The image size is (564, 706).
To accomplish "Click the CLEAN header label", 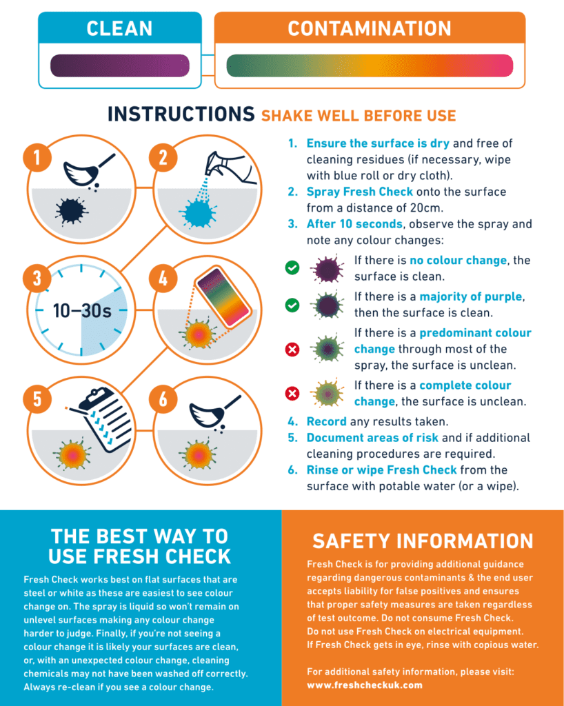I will [x=119, y=28].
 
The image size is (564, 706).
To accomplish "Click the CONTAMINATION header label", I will [x=369, y=28].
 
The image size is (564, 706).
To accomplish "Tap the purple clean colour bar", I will [x=119, y=65].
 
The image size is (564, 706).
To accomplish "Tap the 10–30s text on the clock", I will [x=82, y=310].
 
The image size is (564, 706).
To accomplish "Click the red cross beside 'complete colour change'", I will [x=292, y=394].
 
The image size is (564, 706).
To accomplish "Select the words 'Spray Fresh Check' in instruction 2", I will [x=359, y=192].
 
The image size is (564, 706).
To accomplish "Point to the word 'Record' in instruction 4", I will [x=326, y=421].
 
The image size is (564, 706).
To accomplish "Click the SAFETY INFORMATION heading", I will [x=423, y=541].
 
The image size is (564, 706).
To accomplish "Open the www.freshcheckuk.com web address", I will [x=364, y=685].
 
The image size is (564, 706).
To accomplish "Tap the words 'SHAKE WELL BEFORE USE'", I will [x=358, y=115].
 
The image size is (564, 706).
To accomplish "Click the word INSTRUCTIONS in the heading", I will [x=181, y=114].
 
